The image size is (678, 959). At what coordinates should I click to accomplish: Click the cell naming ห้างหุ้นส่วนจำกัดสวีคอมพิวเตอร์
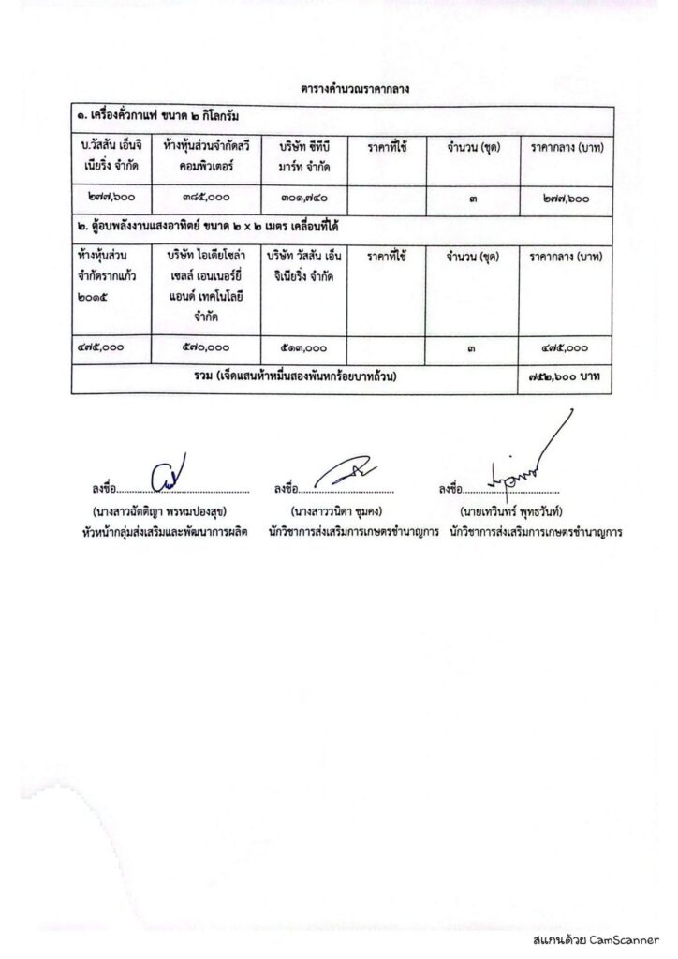(x=211, y=156)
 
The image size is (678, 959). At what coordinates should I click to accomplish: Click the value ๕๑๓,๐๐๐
(x=302, y=346)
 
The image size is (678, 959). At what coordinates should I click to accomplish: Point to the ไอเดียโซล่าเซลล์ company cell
(x=211, y=280)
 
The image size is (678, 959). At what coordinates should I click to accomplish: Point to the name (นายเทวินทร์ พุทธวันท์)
(x=515, y=513)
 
